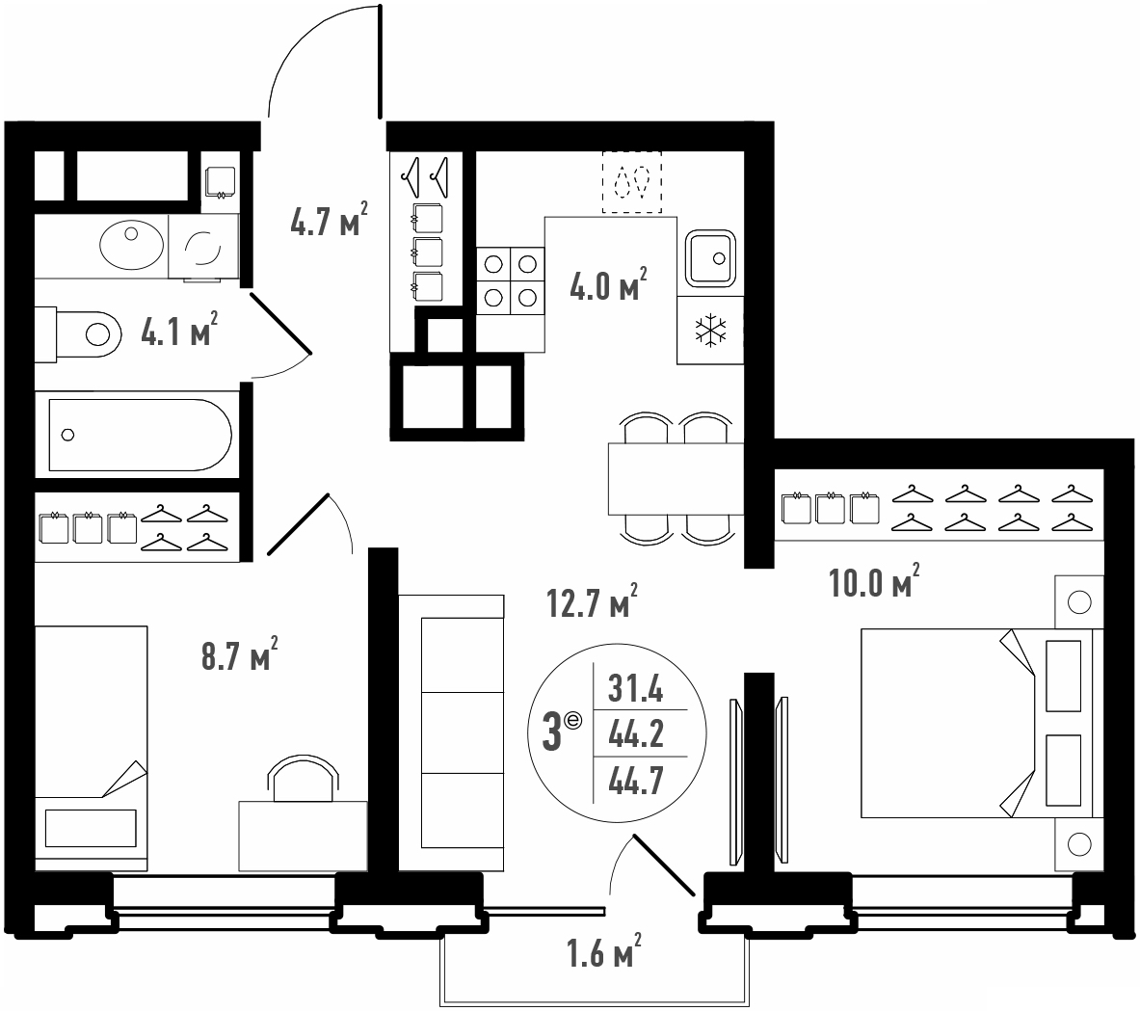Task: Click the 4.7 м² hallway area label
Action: click(x=329, y=220)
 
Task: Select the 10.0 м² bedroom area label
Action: click(x=874, y=580)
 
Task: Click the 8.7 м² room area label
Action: click(x=239, y=653)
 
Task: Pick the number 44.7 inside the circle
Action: click(x=635, y=782)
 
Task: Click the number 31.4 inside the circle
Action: click(x=635, y=688)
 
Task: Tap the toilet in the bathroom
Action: click(x=78, y=334)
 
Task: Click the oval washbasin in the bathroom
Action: click(x=132, y=245)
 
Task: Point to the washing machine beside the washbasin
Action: click(x=203, y=247)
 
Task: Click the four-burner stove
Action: click(x=511, y=280)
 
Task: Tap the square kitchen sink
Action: click(x=710, y=257)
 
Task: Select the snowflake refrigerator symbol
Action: click(x=710, y=330)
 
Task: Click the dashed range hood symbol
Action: click(x=632, y=182)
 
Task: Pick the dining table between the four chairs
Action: click(x=676, y=478)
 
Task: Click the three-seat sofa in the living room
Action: click(x=452, y=732)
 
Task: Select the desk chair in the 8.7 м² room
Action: click(x=304, y=778)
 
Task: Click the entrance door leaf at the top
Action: click(x=380, y=62)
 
